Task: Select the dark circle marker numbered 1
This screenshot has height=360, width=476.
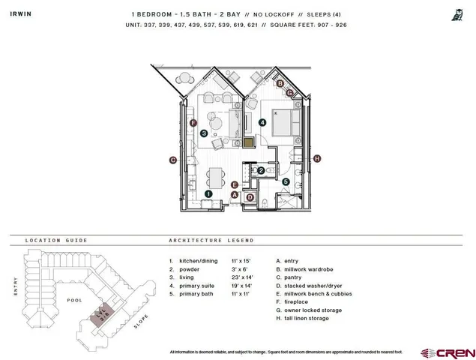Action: coord(208,193)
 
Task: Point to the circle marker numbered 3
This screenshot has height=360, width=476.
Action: coord(204,133)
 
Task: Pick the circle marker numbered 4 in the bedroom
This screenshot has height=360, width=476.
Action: coord(262,122)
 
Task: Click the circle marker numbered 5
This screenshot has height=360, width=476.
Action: coord(286,181)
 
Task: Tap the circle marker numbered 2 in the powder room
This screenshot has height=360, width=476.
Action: coord(260,171)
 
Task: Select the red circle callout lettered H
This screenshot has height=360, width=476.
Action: coord(317,158)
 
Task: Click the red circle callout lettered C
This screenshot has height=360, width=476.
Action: coord(172,159)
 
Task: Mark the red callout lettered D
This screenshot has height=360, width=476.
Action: coord(250,197)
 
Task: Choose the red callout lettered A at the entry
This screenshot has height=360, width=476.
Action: coord(235,195)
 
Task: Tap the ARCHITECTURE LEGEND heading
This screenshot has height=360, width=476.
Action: coord(211,241)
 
